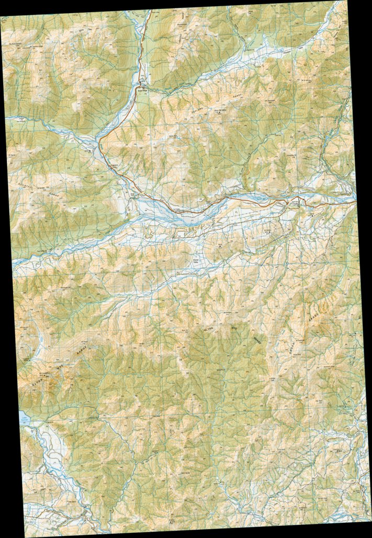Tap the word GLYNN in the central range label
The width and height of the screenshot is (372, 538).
point(208,329)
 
